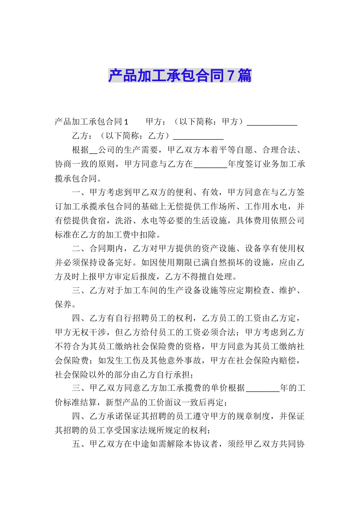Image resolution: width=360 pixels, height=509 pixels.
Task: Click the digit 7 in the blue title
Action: coord(230,76)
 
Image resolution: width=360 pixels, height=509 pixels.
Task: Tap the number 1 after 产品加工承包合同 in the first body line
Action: coord(126,122)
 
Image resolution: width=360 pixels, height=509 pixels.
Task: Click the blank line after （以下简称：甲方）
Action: coord(272,123)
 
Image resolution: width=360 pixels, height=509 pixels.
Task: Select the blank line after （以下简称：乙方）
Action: coord(198,137)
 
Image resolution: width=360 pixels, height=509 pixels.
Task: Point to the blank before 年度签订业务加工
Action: coord(210,165)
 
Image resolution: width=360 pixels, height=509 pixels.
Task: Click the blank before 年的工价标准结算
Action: coord(262,389)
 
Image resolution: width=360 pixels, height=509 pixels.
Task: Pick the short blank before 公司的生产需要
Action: coord(94,151)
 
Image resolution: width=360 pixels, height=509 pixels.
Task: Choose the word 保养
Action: coord(63,304)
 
